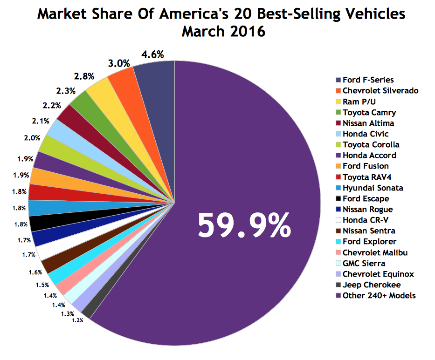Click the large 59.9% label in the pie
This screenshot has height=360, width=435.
(244, 225)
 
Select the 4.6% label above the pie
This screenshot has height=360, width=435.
(152, 54)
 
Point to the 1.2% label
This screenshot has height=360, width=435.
(77, 320)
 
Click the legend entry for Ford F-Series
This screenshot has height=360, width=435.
(368, 80)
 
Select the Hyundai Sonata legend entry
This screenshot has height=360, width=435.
(373, 188)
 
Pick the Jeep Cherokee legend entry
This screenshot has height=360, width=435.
(371, 285)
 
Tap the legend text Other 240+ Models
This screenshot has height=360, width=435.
(379, 295)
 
